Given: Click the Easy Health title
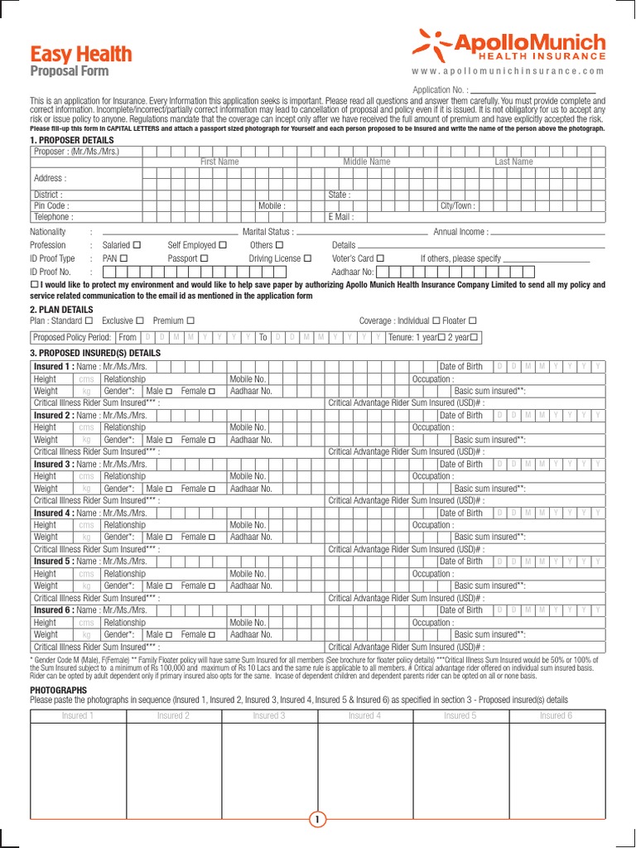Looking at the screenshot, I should [x=81, y=55].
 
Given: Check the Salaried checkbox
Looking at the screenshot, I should [x=137, y=245].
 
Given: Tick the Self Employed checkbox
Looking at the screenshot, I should [x=222, y=245].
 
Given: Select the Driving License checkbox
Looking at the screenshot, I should [x=307, y=258].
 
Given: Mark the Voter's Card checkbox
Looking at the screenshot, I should [x=380, y=258].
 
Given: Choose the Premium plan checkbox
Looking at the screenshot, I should [x=190, y=320].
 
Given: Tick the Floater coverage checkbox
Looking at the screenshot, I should [x=473, y=320].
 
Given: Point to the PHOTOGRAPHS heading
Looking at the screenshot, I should [x=58, y=690].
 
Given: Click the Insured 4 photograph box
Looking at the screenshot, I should [x=365, y=765].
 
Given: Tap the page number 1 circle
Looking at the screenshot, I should [x=318, y=820].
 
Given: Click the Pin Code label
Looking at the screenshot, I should [x=51, y=205].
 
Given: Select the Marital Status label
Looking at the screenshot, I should [x=267, y=232].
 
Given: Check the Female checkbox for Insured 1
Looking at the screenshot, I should [x=212, y=391].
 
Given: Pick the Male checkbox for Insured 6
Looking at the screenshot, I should [x=170, y=634].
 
